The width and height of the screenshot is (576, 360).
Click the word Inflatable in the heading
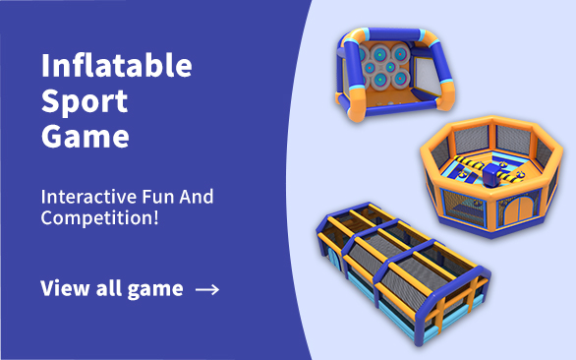point(116,67)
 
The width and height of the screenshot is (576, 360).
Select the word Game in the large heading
point(85,136)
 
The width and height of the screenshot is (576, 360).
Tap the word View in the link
point(63,288)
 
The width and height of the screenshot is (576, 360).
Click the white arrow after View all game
point(207,289)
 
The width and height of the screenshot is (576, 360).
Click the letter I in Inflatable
point(45,67)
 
